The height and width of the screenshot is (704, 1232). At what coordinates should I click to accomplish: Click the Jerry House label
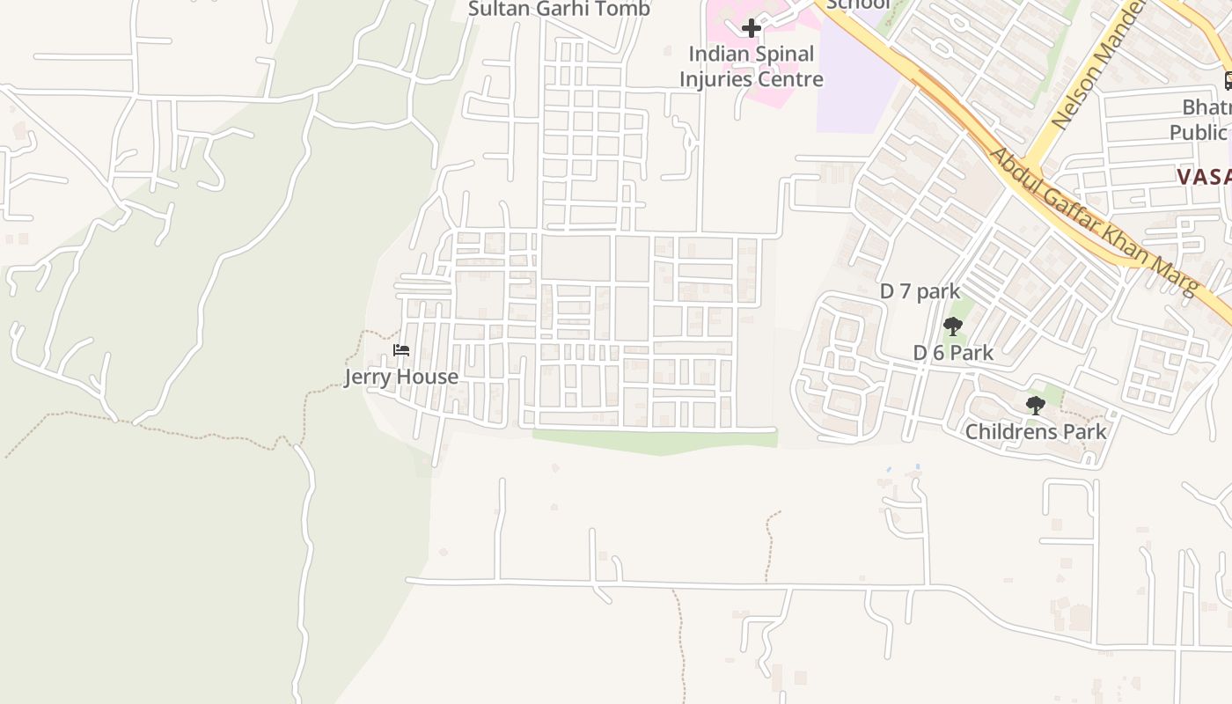pyautogui.click(x=401, y=377)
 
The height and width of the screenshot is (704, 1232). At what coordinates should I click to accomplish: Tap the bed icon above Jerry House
pyautogui.click(x=401, y=350)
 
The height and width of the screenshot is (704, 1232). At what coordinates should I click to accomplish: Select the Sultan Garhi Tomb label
pyautogui.click(x=559, y=10)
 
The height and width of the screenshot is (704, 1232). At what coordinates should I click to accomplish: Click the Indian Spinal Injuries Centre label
pyautogui.click(x=751, y=66)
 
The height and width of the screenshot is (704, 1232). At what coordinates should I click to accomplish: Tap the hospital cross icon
pyautogui.click(x=751, y=28)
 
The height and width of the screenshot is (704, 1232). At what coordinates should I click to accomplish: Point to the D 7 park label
pyautogui.click(x=920, y=291)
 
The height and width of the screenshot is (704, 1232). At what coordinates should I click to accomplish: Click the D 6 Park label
pyautogui.click(x=953, y=353)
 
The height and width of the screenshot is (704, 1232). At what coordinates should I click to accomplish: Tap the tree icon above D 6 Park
pyautogui.click(x=952, y=326)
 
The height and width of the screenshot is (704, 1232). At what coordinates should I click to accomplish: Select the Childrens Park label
pyautogui.click(x=1036, y=432)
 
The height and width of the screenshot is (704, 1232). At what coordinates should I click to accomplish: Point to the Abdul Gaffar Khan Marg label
pyautogui.click(x=1095, y=222)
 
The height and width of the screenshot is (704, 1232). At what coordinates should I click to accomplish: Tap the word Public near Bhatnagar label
pyautogui.click(x=1198, y=132)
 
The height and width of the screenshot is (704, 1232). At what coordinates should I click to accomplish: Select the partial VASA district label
pyautogui.click(x=1203, y=176)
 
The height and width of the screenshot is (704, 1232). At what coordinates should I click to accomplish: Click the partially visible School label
pyautogui.click(x=858, y=4)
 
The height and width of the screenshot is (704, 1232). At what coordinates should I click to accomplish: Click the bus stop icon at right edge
pyautogui.click(x=1228, y=81)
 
